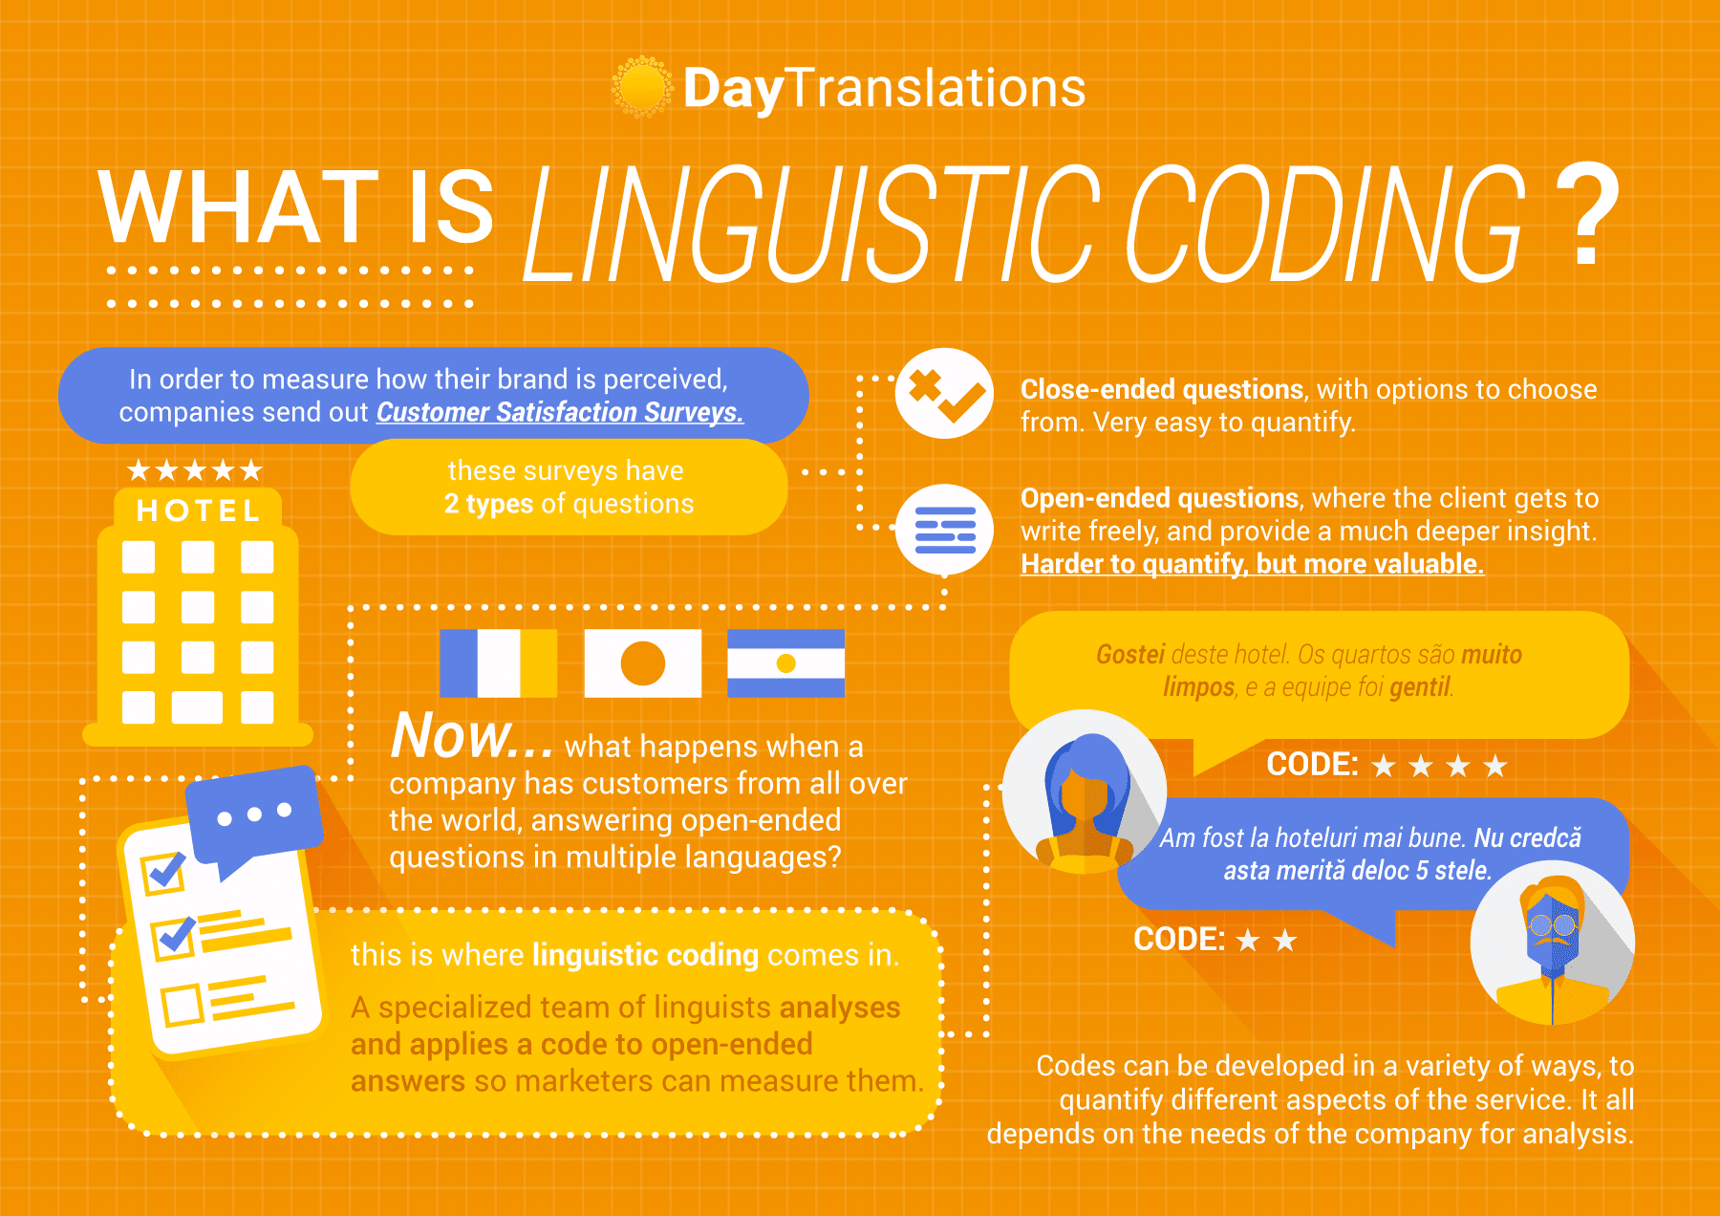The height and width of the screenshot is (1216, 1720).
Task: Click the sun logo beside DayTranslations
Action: coord(642,87)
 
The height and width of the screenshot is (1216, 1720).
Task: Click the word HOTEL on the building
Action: coord(199,510)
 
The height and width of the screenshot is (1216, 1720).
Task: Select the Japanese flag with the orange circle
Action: coord(642,662)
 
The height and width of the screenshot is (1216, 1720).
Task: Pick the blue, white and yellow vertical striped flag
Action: coord(498,662)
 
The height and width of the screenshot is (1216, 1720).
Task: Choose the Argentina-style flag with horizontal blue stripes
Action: coord(785,662)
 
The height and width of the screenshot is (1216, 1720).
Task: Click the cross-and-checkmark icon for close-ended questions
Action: coord(944,393)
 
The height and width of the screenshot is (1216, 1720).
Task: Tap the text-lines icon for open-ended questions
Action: coord(945,530)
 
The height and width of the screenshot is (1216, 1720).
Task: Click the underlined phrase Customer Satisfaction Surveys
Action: coord(560,412)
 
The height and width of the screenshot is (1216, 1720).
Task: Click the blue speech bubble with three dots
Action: coord(254,819)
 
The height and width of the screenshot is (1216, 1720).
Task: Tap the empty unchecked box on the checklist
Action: coord(182,1005)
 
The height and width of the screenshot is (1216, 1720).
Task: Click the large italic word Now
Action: coord(472,735)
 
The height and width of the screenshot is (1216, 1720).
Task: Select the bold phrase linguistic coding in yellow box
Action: coord(645,955)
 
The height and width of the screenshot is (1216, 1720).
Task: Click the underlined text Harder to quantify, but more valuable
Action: coord(1252,564)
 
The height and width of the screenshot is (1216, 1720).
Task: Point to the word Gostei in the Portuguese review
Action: coord(1130,654)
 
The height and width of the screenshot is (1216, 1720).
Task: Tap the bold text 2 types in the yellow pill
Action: coord(488,504)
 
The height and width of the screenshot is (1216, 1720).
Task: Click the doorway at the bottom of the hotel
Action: coord(197,707)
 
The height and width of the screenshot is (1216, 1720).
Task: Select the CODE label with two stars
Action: coord(1215,940)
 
